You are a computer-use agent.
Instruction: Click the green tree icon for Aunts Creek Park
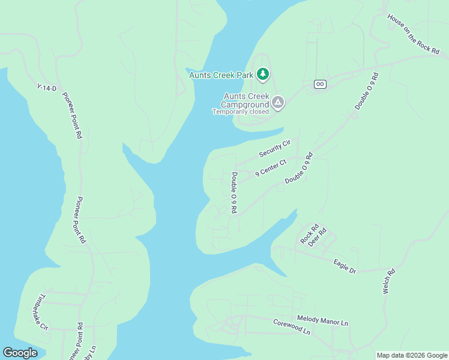click(262, 74)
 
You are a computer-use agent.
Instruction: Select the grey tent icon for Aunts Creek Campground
click(277, 103)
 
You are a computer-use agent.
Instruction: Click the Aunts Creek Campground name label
click(246, 100)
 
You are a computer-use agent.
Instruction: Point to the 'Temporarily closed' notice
click(240, 112)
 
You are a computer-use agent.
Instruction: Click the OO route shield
click(319, 85)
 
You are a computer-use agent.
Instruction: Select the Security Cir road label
click(275, 148)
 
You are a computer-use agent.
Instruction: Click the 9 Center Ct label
click(271, 167)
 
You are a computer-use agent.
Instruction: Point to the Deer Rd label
click(317, 237)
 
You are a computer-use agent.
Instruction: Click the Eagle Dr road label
click(345, 266)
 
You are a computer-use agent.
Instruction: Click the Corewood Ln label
click(292, 326)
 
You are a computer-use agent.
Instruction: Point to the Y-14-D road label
click(46, 88)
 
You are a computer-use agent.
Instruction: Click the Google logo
click(20, 353)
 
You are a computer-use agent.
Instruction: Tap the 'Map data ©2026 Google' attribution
click(412, 355)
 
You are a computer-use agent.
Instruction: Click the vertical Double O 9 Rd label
click(234, 193)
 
